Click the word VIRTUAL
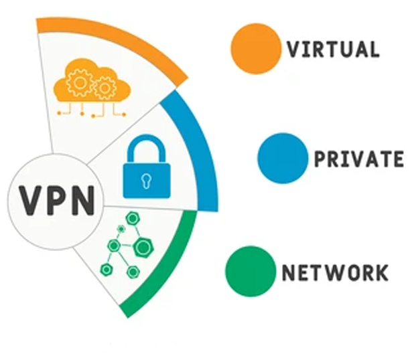pyautogui.click(x=332, y=49)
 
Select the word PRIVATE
pyautogui.click(x=358, y=159)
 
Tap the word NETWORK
pyautogui.click(x=335, y=272)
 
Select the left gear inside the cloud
pyautogui.click(x=78, y=84)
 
